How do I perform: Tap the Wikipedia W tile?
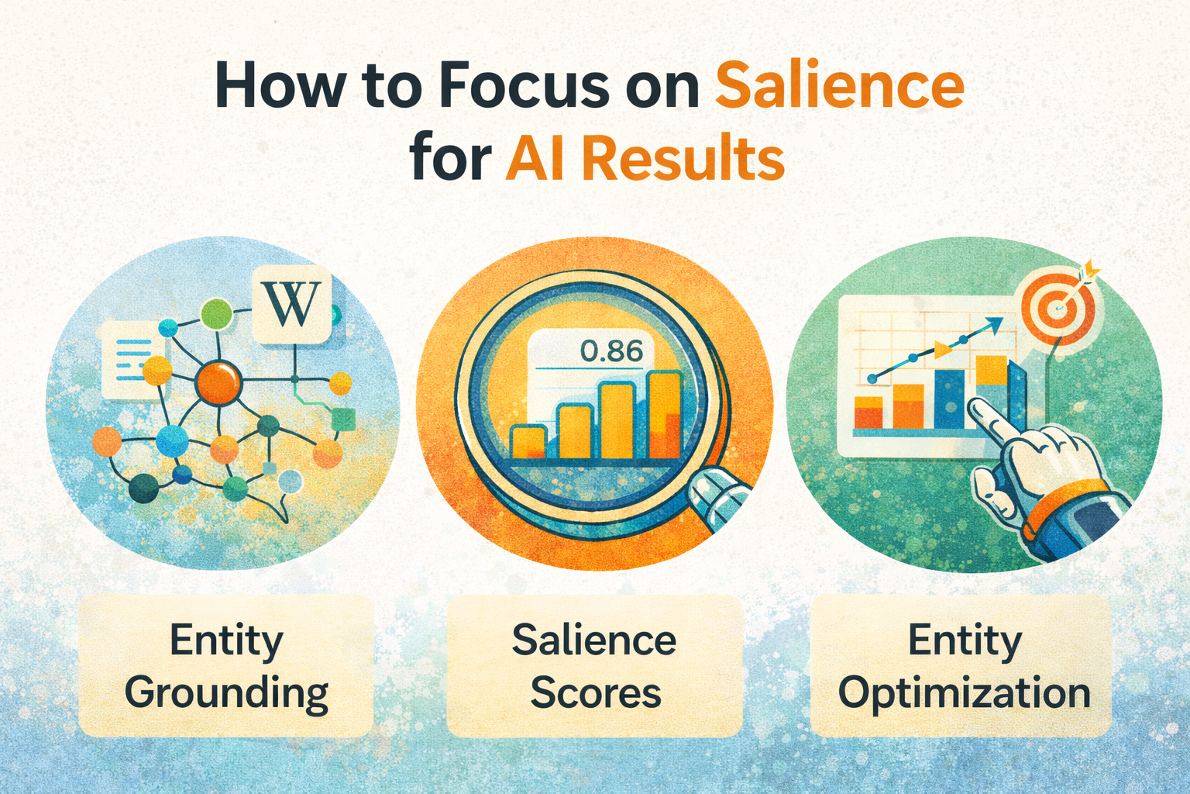click(x=291, y=306)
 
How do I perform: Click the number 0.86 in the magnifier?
click(x=611, y=351)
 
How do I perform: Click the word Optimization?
click(x=965, y=692)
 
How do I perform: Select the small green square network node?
click(x=342, y=419)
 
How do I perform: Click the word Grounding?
click(x=226, y=692)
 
